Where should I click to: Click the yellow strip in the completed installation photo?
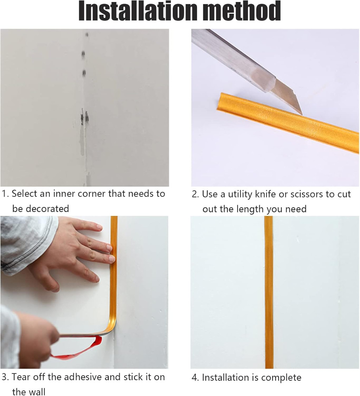[x=269, y=292]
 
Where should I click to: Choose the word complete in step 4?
[x=281, y=378]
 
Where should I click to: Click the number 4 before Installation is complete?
[x=194, y=378]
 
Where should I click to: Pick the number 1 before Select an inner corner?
[x=4, y=194]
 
